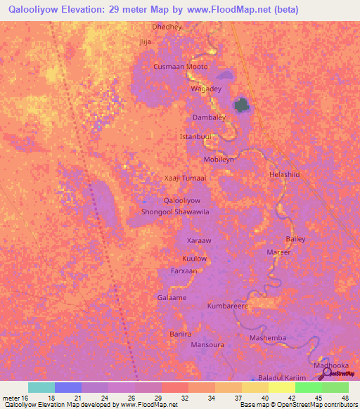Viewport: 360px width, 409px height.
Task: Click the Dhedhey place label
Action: pyautogui.click(x=167, y=27)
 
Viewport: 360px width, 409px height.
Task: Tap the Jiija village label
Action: pyautogui.click(x=146, y=41)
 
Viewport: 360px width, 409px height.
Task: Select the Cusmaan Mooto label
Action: pyautogui.click(x=181, y=67)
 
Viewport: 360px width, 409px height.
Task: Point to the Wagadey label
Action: pyautogui.click(x=206, y=89)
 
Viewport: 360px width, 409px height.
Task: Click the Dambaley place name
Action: pyautogui.click(x=209, y=117)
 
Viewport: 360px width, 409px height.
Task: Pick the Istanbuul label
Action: pyautogui.click(x=195, y=136)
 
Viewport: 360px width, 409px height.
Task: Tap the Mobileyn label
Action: pyautogui.click(x=219, y=160)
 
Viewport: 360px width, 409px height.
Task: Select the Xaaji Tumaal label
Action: pyautogui.click(x=185, y=178)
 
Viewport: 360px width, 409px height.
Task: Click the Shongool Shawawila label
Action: pyautogui.click(x=176, y=212)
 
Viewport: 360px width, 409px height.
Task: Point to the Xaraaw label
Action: pyautogui.click(x=199, y=240)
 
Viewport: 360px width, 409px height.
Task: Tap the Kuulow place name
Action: pyautogui.click(x=195, y=259)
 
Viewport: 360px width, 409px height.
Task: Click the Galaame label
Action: pyautogui.click(x=172, y=298)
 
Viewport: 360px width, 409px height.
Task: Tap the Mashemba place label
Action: pyautogui.click(x=268, y=338)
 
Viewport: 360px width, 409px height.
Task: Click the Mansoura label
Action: pyautogui.click(x=207, y=345)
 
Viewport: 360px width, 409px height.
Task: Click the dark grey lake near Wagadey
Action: pyautogui.click(x=243, y=105)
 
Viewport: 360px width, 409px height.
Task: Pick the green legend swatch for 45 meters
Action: pyautogui.click(x=308, y=387)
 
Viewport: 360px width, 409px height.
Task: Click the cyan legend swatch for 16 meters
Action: pyautogui.click(x=41, y=387)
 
